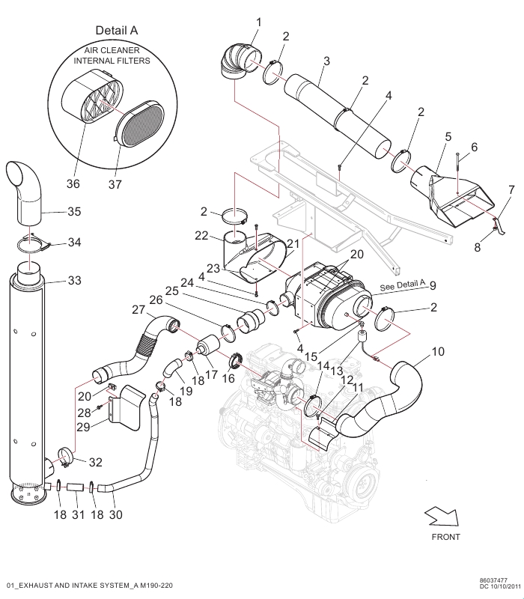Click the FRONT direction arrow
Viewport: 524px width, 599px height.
(x=442, y=517)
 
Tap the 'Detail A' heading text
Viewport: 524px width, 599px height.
(x=117, y=30)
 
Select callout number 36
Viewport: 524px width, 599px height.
(x=73, y=183)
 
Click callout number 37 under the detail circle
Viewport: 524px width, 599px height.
(x=115, y=184)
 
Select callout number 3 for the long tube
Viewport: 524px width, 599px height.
(x=326, y=61)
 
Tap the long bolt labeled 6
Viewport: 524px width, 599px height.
(x=458, y=174)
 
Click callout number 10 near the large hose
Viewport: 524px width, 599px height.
(x=438, y=351)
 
